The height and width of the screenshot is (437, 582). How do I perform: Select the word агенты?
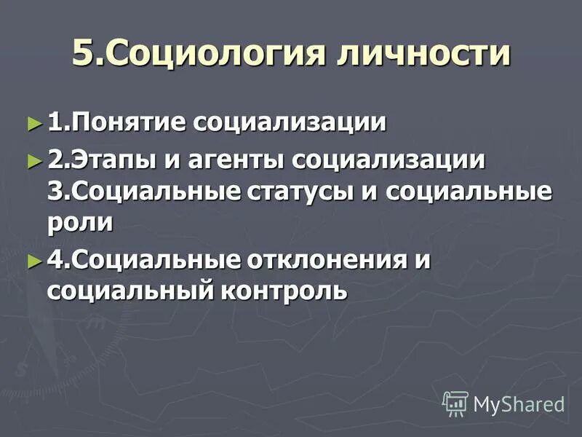point(241,160)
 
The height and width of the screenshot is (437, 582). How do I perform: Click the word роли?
point(79,223)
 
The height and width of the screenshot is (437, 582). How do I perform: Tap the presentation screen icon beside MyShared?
point(455,403)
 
